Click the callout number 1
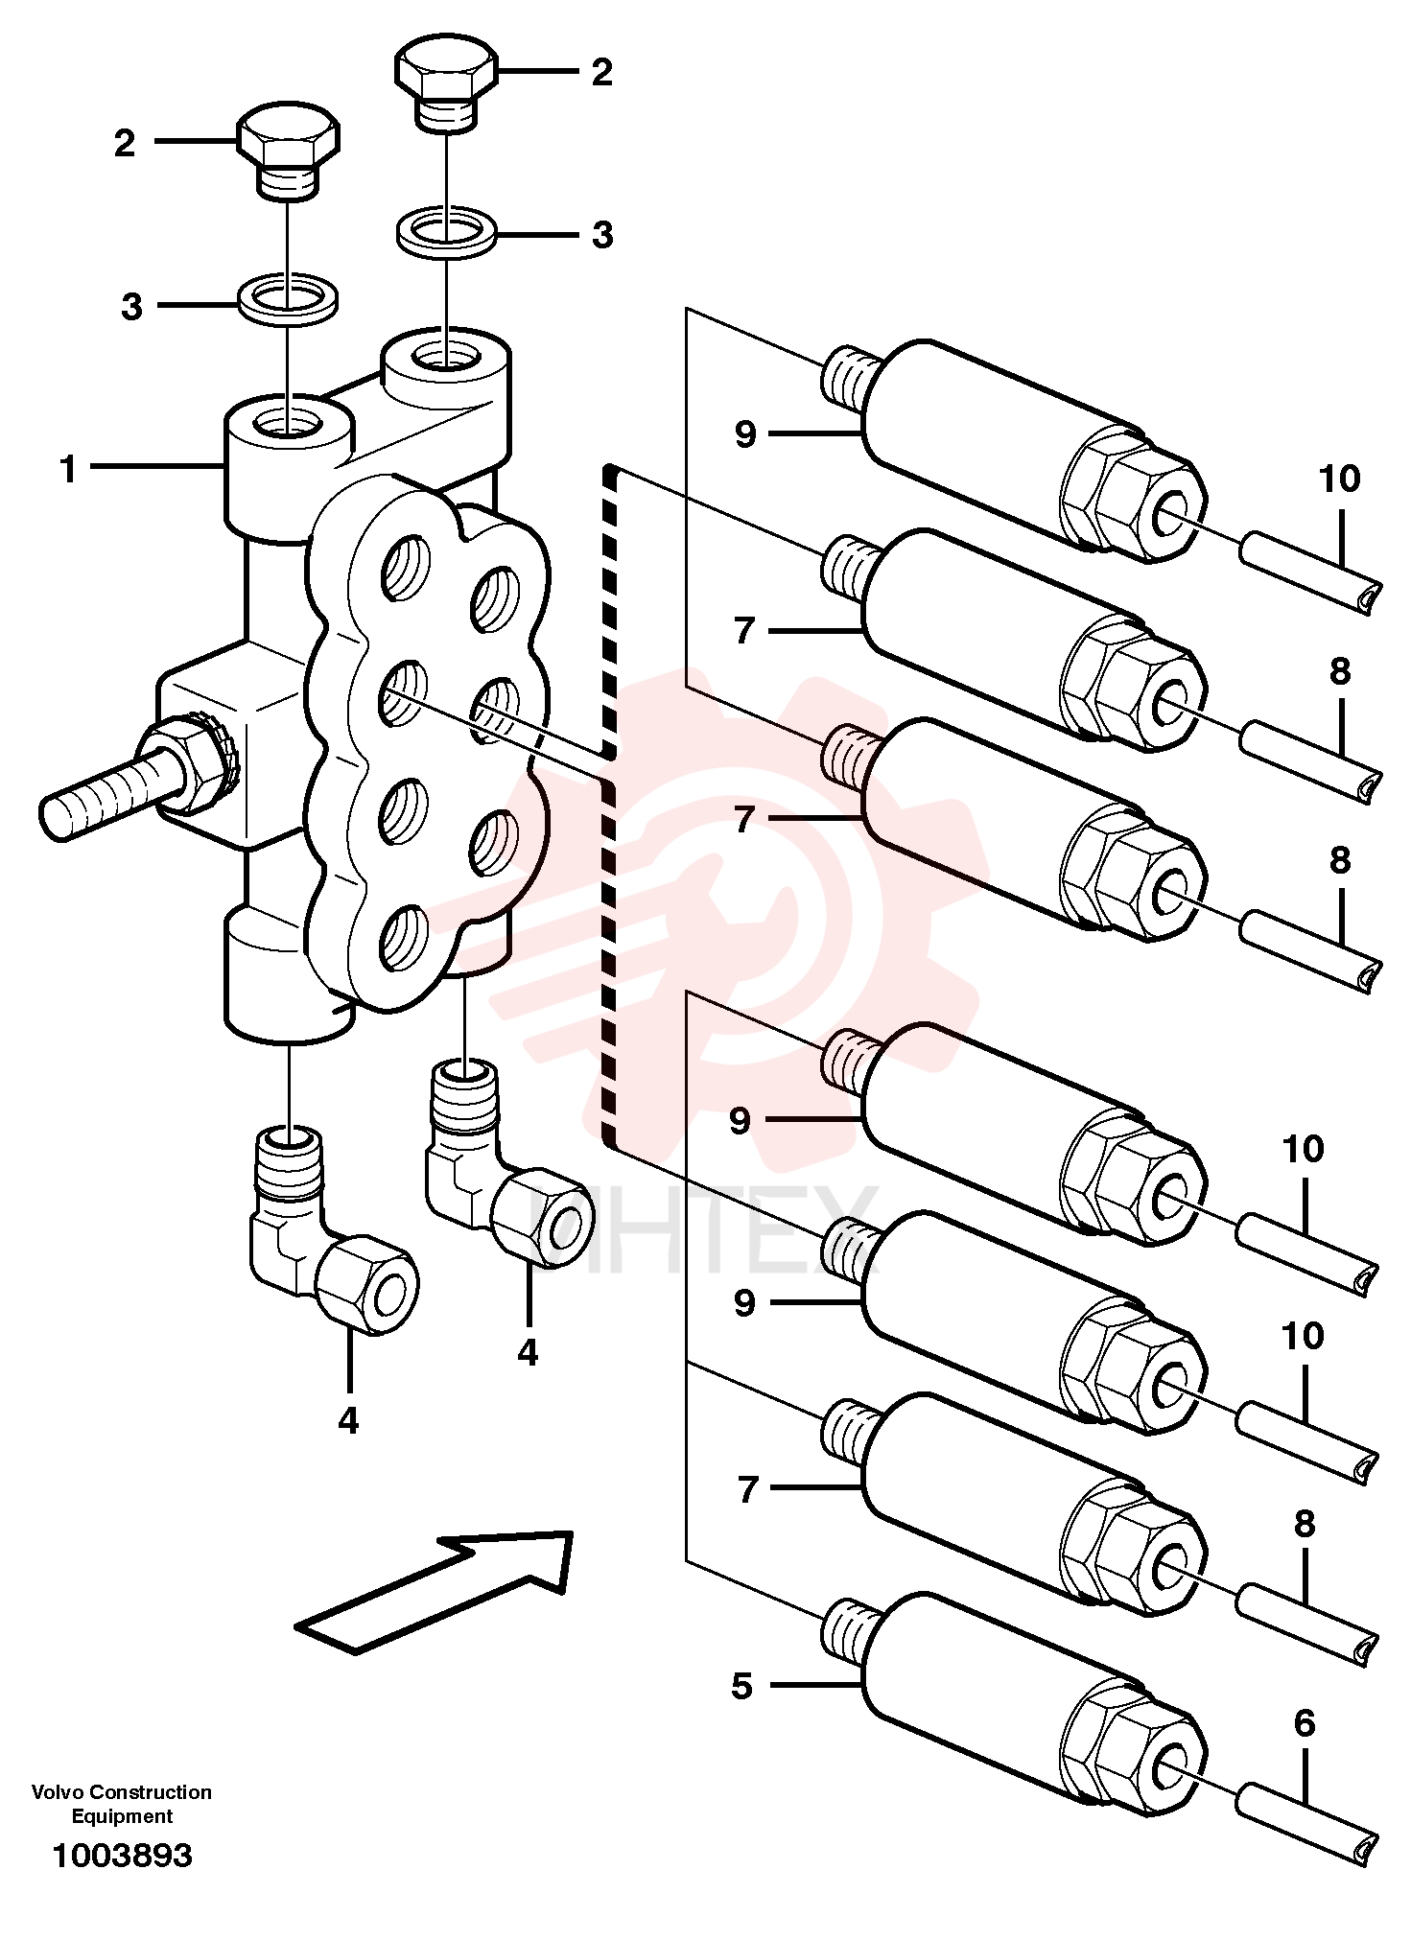click(68, 469)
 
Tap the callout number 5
click(741, 1686)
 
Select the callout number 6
click(1305, 1723)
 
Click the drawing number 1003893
click(122, 1856)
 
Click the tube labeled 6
click(1307, 1825)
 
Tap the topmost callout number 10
click(1339, 478)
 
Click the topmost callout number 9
click(745, 434)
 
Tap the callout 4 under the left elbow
click(348, 1420)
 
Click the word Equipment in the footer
click(122, 1816)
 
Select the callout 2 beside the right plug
click(601, 72)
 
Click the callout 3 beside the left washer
click(131, 307)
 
